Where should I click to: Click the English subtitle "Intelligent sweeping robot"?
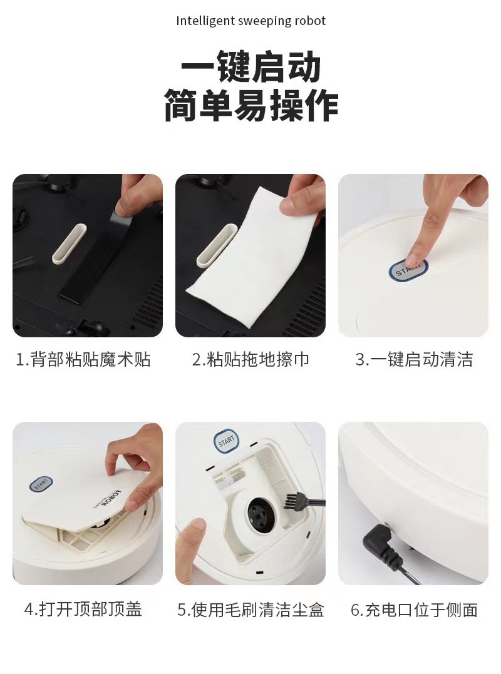[x=250, y=21]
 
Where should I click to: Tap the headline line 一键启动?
[x=251, y=66]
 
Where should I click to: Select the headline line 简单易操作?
[x=251, y=105]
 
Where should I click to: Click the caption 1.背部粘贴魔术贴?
[x=83, y=359]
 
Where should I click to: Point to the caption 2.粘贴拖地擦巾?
[x=250, y=359]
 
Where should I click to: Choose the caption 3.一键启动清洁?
[x=414, y=359]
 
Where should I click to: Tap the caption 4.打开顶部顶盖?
[x=83, y=609]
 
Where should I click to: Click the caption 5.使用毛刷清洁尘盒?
[x=250, y=610]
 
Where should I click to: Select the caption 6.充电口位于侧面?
[x=414, y=610]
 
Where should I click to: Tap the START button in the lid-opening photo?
[x=41, y=484]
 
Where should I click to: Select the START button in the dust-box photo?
[x=226, y=441]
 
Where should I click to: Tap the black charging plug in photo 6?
[x=381, y=544]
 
